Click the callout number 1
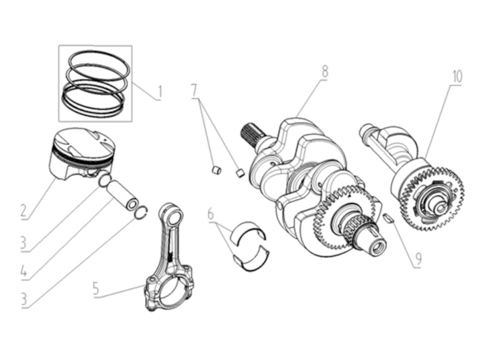(160, 91)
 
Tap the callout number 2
(23, 209)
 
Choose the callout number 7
(195, 89)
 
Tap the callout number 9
(418, 260)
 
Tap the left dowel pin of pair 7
(216, 168)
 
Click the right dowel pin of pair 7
(240, 172)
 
